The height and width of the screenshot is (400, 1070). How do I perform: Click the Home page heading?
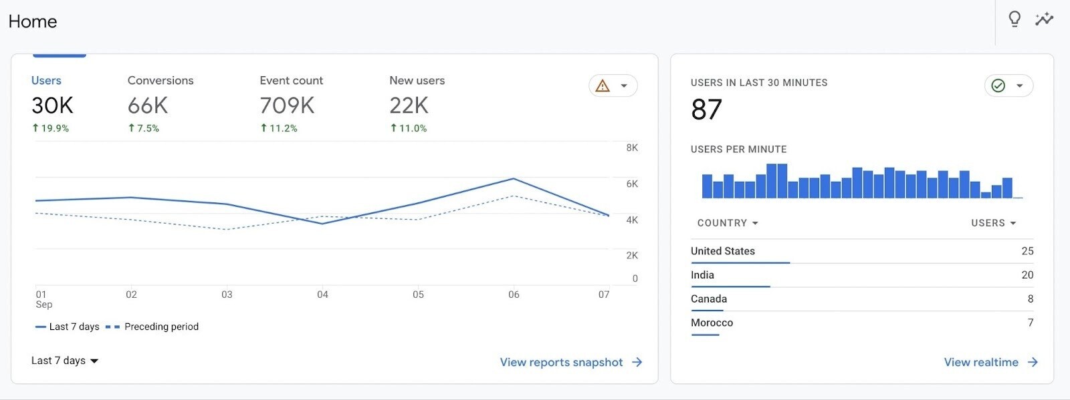32,21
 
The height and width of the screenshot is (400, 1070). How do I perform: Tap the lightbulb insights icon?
1014,19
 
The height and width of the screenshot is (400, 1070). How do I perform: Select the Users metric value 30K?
52,106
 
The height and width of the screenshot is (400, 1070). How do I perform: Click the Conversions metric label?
160,80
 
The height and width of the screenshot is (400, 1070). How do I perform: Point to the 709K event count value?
287,106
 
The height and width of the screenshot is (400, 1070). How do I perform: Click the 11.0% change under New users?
409,128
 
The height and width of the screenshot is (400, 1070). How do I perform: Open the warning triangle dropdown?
613,85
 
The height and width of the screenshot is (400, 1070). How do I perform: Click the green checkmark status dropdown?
1008,85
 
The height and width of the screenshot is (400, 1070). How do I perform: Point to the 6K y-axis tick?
631,184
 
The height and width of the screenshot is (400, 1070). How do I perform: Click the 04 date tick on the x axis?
322,294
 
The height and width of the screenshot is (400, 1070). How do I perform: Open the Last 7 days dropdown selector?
64,361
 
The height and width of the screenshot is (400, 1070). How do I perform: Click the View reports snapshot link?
570,362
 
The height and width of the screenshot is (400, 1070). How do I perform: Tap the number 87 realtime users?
706,110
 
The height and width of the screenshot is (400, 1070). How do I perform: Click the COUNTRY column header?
727,223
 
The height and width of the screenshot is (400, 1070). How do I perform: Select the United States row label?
722,251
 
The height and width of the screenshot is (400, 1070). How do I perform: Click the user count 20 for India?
1027,275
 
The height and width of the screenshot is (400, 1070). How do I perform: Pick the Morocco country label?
712,323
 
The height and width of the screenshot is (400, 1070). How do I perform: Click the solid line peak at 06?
513,178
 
